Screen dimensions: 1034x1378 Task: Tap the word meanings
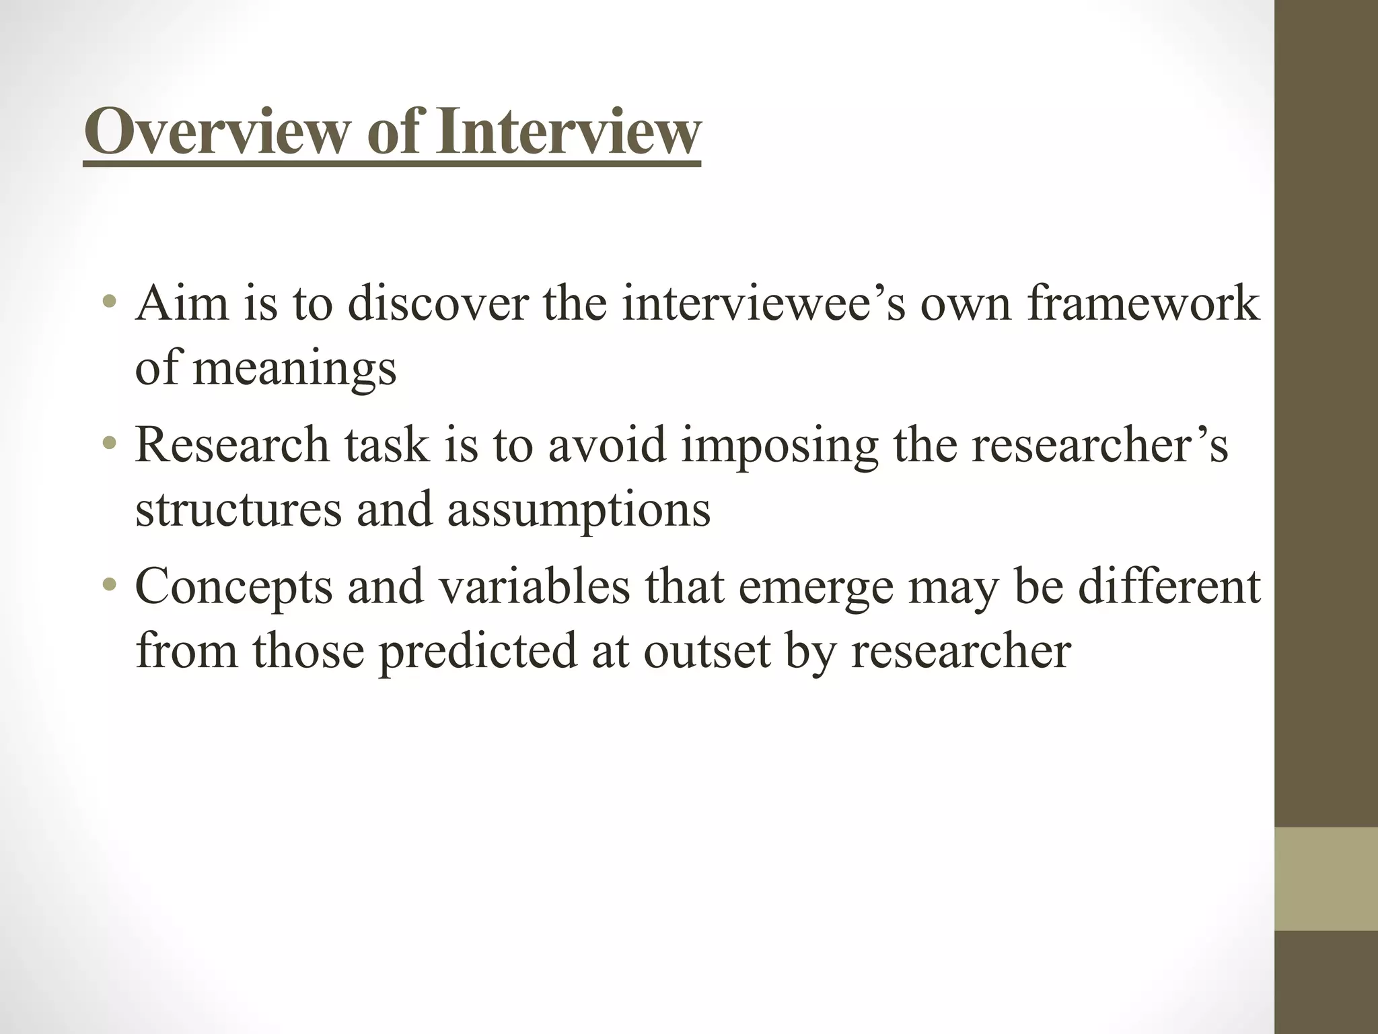tap(295, 369)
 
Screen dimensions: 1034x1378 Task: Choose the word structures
tap(238, 509)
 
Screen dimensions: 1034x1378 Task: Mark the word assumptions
tap(579, 510)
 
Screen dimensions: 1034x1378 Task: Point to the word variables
tap(534, 586)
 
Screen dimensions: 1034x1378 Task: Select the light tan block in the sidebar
tap(1326, 878)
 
